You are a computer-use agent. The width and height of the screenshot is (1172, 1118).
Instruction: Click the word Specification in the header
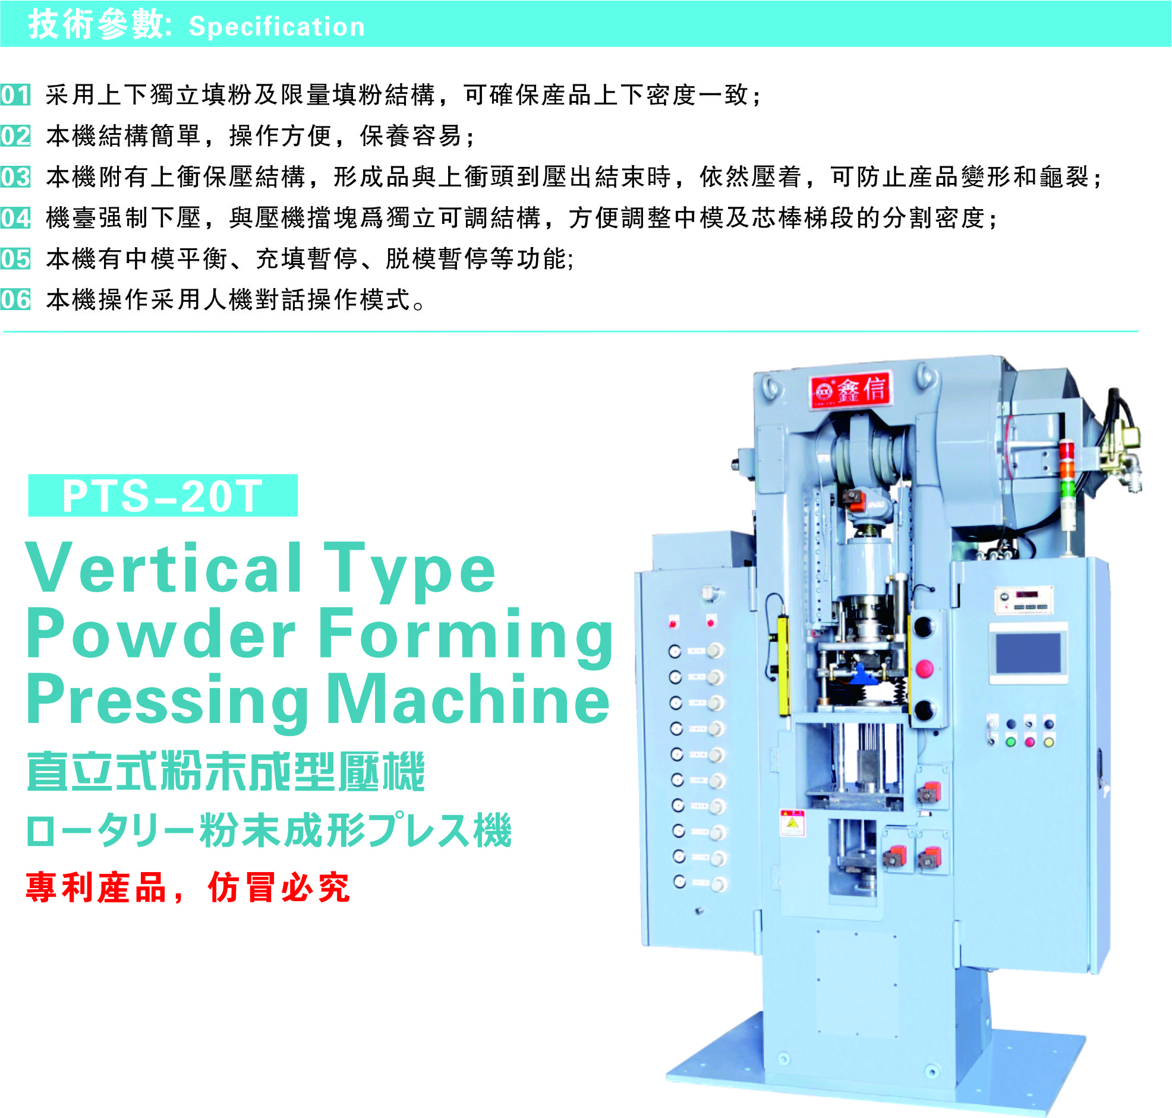point(276,27)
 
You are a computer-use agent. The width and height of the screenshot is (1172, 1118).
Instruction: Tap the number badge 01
point(15,96)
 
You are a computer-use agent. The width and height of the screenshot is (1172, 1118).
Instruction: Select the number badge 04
point(15,218)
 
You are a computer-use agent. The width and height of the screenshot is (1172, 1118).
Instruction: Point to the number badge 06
point(15,300)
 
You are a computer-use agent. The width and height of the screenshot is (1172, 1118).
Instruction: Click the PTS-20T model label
point(163,496)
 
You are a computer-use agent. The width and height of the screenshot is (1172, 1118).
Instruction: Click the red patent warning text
point(188,888)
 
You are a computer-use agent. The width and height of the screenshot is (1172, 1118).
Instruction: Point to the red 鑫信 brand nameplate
point(849,390)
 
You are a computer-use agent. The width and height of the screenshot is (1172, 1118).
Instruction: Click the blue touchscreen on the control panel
point(1028,654)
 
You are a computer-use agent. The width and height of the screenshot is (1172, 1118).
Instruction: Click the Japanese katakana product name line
point(269,830)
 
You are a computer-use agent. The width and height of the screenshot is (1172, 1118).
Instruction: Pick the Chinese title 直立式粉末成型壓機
point(226,772)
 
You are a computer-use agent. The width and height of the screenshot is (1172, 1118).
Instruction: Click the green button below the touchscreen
point(1010,742)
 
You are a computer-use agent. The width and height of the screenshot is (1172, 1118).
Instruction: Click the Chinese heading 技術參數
point(95,25)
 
